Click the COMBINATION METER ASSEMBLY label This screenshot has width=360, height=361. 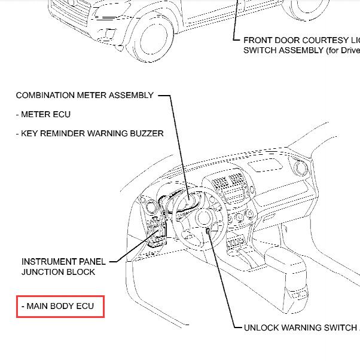(84, 95)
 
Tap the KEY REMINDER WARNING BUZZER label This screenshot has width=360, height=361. (90, 133)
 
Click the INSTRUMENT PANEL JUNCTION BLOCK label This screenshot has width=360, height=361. (63, 267)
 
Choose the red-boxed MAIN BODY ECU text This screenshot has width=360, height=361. (60, 307)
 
